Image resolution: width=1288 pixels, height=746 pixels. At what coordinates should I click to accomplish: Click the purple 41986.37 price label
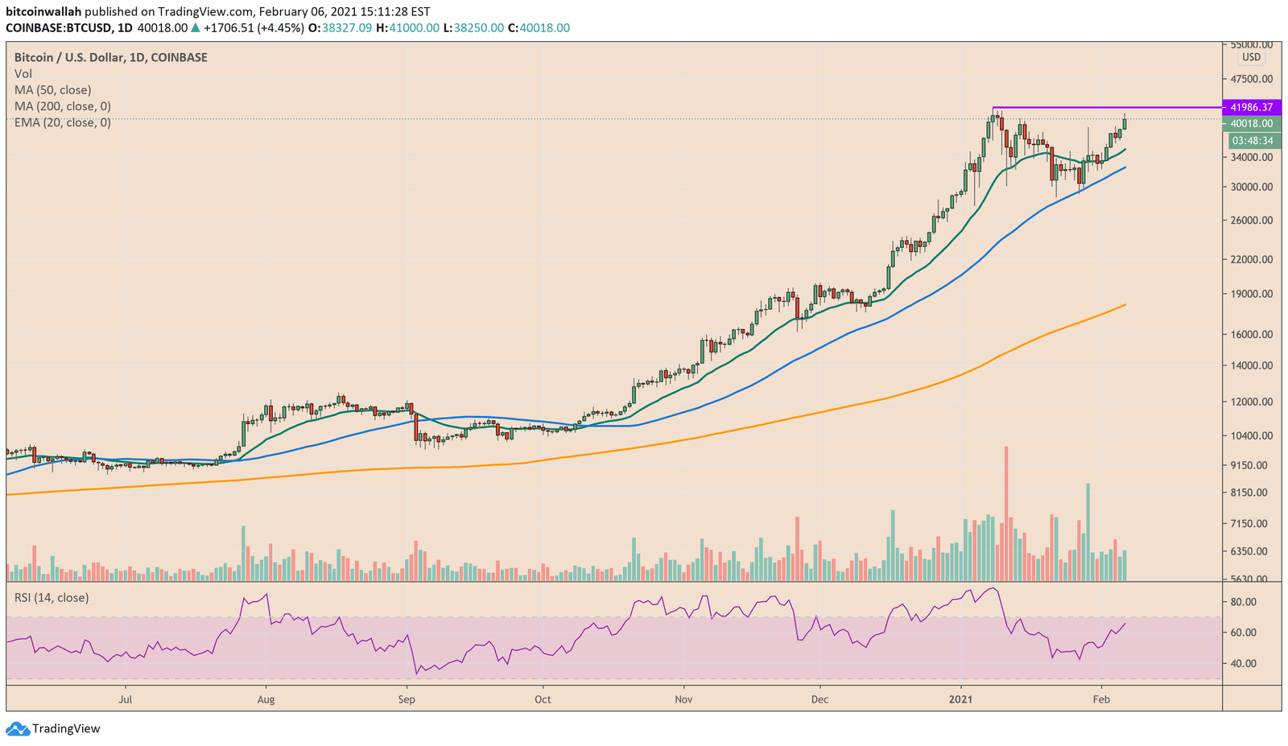click(1251, 107)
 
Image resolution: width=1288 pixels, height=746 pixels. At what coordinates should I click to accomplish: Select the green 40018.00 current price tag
click(1251, 123)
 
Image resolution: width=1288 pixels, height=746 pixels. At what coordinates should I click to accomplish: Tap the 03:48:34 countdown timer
click(1251, 141)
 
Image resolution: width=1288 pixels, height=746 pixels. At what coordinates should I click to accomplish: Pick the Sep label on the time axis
click(407, 699)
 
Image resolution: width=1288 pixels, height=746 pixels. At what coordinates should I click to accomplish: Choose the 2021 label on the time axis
click(961, 699)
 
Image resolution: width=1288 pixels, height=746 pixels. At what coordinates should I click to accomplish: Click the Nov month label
click(683, 699)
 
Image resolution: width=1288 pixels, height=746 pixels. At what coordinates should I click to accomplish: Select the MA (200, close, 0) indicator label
click(63, 106)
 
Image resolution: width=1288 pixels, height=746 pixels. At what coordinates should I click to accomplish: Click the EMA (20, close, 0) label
click(63, 122)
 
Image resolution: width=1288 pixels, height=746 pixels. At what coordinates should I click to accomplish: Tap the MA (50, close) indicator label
click(53, 90)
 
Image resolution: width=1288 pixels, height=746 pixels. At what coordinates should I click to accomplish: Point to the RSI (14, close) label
click(52, 598)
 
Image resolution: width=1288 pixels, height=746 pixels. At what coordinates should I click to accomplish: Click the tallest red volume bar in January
click(1005, 515)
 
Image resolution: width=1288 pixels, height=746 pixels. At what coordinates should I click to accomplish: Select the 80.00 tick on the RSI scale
click(1243, 602)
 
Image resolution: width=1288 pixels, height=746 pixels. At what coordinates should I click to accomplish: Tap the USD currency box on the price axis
click(1251, 57)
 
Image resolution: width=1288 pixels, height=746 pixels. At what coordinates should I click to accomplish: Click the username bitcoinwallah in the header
click(43, 12)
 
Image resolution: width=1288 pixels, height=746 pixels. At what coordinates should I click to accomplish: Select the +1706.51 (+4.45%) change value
click(254, 28)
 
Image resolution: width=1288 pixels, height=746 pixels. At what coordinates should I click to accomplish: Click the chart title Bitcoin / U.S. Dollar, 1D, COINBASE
click(111, 58)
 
